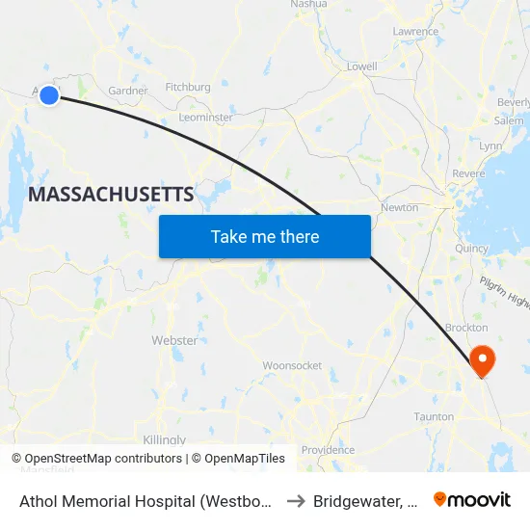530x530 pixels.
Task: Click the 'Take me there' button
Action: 265,236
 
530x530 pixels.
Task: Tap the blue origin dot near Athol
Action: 49,94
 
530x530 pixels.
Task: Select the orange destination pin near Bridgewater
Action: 481,361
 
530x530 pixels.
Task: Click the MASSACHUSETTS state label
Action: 111,195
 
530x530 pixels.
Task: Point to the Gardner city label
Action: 128,91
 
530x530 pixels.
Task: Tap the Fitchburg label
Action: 188,87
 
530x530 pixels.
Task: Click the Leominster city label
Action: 205,118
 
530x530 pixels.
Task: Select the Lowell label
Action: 361,66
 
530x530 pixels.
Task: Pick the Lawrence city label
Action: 415,32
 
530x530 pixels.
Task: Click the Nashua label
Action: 308,5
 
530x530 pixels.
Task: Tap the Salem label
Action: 508,121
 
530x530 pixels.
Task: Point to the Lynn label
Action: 490,146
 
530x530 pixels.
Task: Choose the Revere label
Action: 468,173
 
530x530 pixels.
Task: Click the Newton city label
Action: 399,207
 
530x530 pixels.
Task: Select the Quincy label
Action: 472,248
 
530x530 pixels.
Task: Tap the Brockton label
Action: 465,328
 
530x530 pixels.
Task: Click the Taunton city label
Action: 434,417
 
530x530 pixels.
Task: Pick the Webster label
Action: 174,340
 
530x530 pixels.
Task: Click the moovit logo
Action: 472,499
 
